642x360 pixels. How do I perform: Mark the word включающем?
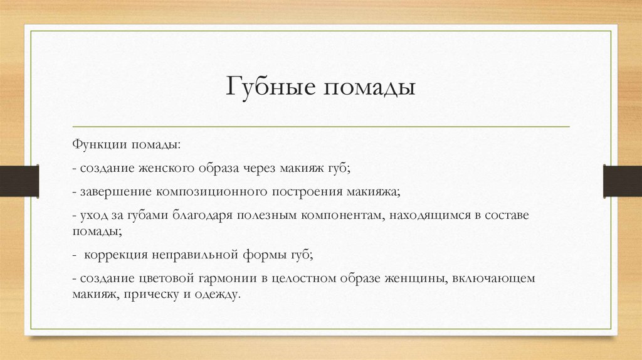click(491, 278)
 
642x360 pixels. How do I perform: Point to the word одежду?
click(218, 293)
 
